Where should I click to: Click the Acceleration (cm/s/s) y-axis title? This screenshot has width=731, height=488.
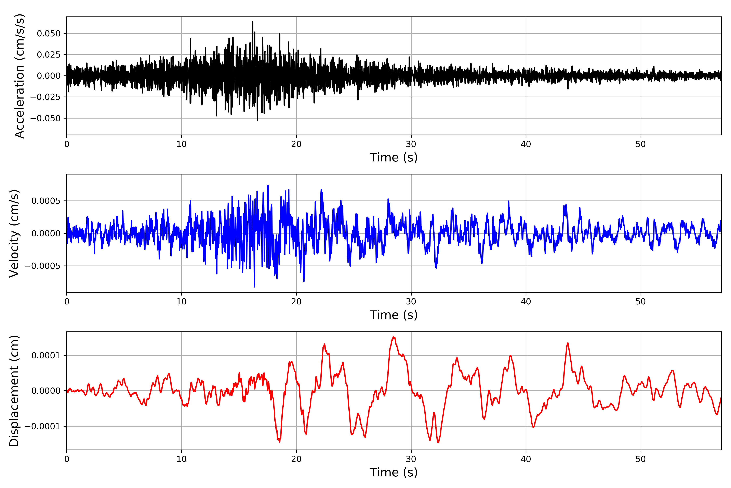point(19,76)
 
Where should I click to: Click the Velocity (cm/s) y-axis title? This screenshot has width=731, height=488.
point(14,233)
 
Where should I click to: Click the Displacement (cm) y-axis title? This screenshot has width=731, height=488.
point(14,391)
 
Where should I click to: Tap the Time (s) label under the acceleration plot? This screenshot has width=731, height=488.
point(394,157)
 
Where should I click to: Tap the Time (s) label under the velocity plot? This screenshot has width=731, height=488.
point(394,315)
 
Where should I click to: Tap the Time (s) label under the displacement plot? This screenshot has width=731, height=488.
point(394,472)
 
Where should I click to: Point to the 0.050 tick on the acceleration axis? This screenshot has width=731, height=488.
point(49,33)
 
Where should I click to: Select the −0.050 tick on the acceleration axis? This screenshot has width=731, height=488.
point(45,118)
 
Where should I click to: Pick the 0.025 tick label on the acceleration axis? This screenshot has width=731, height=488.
point(49,55)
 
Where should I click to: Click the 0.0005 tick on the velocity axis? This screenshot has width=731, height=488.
point(46,201)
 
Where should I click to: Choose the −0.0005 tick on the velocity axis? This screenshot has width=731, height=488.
point(43,266)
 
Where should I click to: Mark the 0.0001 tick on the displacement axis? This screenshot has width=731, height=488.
point(46,355)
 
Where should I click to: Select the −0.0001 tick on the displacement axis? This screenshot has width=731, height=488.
point(43,426)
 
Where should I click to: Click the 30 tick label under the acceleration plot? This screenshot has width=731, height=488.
point(411,144)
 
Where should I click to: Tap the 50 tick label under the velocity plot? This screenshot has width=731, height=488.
point(641,302)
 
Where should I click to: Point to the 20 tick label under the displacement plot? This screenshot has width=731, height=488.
point(296,459)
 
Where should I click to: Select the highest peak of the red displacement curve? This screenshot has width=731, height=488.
point(394,337)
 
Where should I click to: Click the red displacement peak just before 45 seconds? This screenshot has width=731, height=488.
point(568,343)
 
